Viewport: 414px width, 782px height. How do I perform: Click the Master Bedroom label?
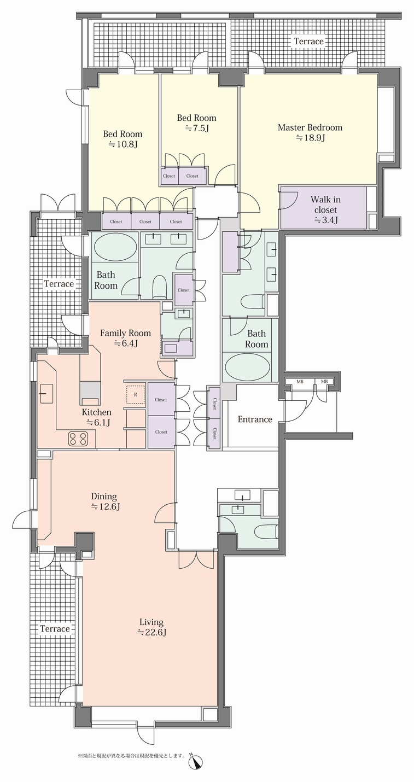click(x=310, y=127)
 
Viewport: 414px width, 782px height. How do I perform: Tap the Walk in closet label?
click(x=325, y=205)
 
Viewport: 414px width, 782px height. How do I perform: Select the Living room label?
click(x=151, y=622)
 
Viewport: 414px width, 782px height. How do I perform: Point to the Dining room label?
click(x=104, y=496)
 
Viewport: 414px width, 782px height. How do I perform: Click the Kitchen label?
click(x=97, y=412)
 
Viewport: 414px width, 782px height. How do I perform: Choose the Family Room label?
click(x=125, y=332)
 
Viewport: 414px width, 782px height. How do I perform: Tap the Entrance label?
click(x=255, y=419)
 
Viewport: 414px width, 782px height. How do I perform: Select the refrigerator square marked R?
click(x=136, y=394)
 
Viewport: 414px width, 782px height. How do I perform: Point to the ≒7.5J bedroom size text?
click(x=196, y=128)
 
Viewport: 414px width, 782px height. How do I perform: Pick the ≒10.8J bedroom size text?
click(x=123, y=144)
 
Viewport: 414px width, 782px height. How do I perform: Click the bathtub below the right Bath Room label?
click(x=247, y=369)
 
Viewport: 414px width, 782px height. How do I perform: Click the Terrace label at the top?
click(x=308, y=41)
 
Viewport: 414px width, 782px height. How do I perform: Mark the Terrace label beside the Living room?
click(x=55, y=629)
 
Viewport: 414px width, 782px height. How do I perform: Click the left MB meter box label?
click(x=300, y=382)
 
